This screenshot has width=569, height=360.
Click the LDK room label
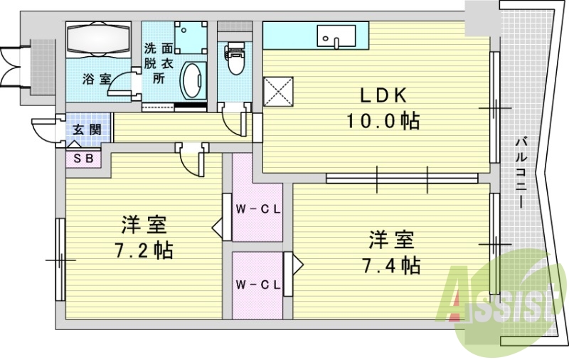tap(382, 96)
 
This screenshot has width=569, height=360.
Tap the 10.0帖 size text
tap(383, 121)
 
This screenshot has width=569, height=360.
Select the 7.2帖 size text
tap(144, 250)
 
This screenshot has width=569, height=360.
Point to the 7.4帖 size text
tap(391, 265)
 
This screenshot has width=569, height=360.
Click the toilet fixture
tap(235, 58)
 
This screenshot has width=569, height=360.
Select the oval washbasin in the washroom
tap(193, 80)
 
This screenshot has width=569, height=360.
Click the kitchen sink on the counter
tap(336, 36)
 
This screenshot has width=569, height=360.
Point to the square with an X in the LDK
tap(278, 92)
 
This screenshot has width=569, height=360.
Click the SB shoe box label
tap(83, 158)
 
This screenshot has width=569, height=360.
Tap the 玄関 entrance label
tap(87, 129)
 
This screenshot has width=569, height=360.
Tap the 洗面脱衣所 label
tap(159, 63)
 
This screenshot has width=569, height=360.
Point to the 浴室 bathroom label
tap(96, 79)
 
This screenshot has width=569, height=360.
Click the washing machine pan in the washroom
tap(191, 38)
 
